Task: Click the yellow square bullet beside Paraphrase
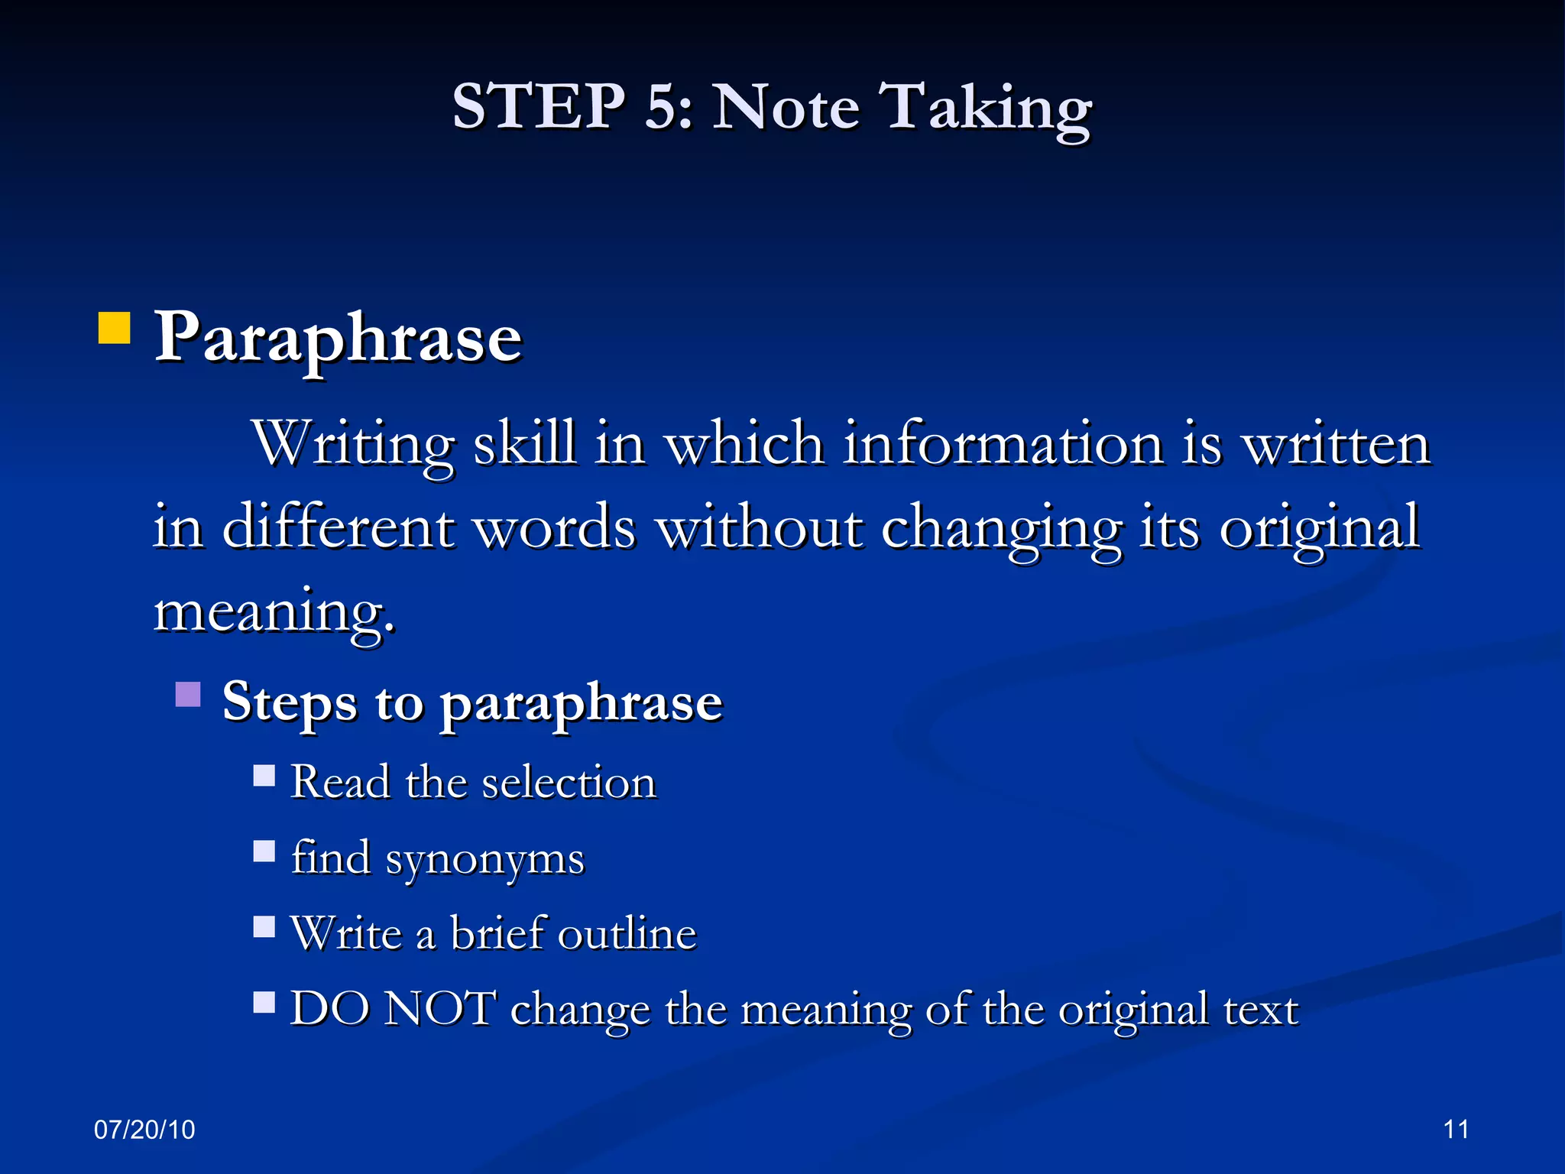[x=115, y=328]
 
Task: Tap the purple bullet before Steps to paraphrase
[x=188, y=694]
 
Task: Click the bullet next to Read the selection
[x=264, y=776]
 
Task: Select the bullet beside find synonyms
[x=264, y=851]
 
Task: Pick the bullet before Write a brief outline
[x=264, y=926]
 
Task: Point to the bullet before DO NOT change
[x=264, y=1001]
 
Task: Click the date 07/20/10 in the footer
[x=144, y=1129]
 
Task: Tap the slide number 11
[x=1456, y=1129]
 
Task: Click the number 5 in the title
[x=662, y=106]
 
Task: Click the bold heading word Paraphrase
[x=339, y=339]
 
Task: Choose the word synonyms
[x=484, y=860]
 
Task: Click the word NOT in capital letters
[x=439, y=1008]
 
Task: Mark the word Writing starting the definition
[x=354, y=446]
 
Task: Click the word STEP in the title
[x=539, y=106]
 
